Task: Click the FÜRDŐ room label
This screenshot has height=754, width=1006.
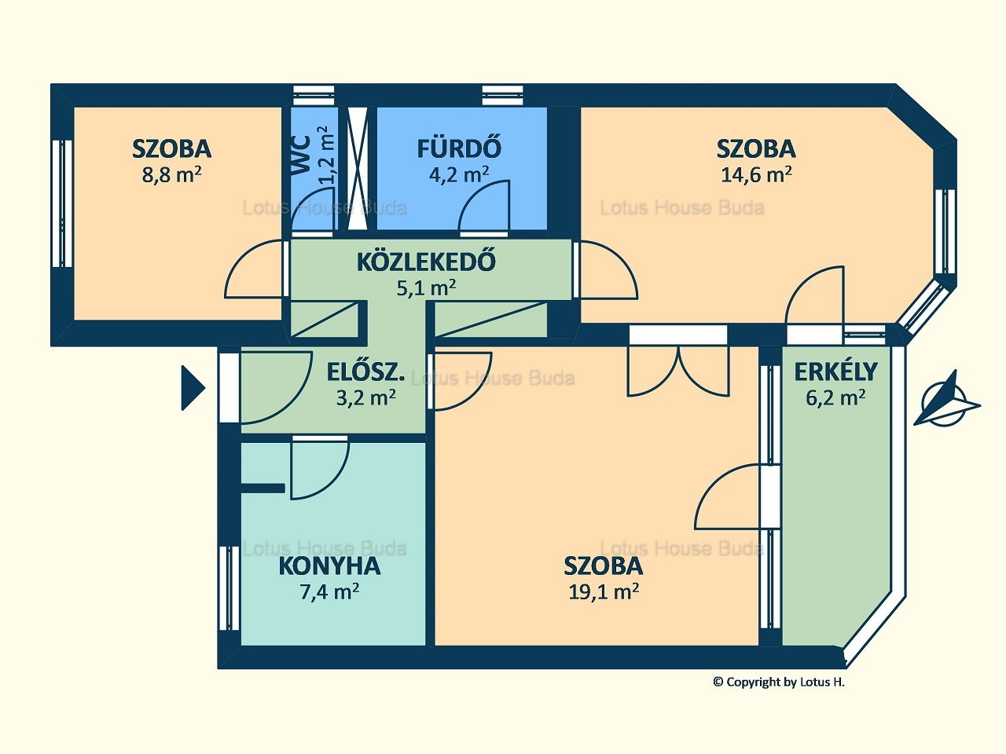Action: click(459, 148)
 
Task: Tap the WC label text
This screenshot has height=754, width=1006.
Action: click(301, 156)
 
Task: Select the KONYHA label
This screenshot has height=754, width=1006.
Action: click(329, 565)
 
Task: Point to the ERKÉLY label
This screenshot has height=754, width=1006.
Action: click(835, 372)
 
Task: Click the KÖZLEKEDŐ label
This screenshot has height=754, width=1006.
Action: click(426, 262)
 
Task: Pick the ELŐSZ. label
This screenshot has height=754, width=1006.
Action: click(365, 372)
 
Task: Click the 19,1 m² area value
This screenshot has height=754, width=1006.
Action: click(604, 592)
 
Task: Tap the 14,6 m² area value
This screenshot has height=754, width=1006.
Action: click(756, 175)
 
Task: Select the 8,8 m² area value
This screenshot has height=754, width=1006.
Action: click(171, 175)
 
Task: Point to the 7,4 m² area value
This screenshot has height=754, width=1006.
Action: click(329, 592)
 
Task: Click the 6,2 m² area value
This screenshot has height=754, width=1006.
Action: click(835, 398)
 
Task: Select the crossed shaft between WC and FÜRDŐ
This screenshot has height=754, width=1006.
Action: click(358, 167)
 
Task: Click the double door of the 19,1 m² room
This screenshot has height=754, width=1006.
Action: click(677, 371)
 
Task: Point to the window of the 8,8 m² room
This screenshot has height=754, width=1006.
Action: click(62, 203)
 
